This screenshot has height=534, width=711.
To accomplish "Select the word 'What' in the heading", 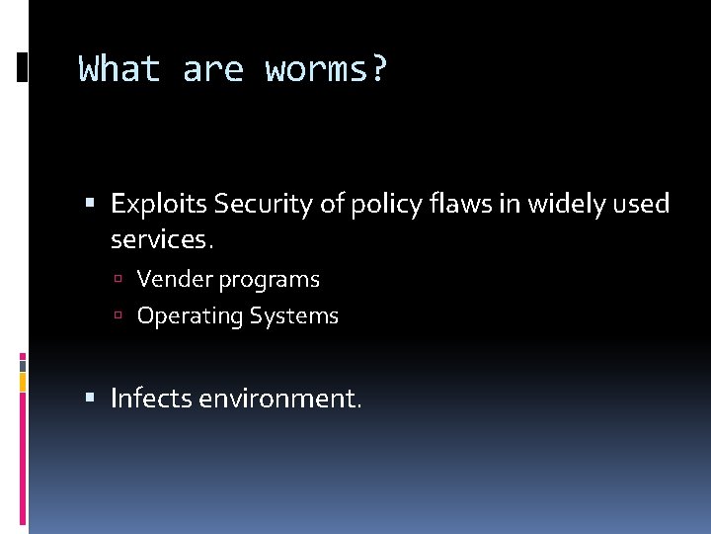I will pyautogui.click(x=119, y=70).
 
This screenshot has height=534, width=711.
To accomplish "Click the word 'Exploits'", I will pyautogui.click(x=159, y=205).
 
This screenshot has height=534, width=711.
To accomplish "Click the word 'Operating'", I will pyautogui.click(x=190, y=316).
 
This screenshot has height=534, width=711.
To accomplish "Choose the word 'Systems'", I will pyautogui.click(x=293, y=316).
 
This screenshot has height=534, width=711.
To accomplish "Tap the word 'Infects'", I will pyautogui.click(x=151, y=399).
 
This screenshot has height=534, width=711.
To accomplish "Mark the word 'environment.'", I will pyautogui.click(x=280, y=399).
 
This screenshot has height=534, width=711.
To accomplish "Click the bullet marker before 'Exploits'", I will pyautogui.click(x=91, y=205).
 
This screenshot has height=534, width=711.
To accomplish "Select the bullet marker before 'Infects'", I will pyautogui.click(x=91, y=399).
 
